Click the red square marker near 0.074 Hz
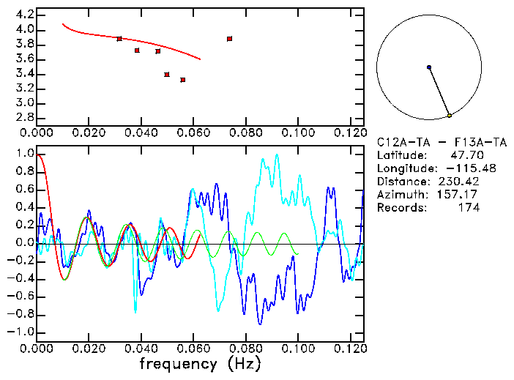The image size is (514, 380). (229, 39)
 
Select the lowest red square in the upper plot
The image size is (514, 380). (182, 80)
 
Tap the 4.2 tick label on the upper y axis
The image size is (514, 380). (24, 15)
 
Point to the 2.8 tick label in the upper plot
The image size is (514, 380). (24, 117)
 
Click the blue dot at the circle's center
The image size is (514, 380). (428, 67)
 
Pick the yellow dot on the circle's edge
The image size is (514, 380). (449, 116)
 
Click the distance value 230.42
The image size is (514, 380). (458, 182)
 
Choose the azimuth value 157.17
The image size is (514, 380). (458, 195)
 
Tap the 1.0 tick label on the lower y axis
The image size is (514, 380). (24, 154)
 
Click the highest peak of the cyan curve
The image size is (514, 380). (276, 154)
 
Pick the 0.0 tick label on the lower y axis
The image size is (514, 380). (24, 243)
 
